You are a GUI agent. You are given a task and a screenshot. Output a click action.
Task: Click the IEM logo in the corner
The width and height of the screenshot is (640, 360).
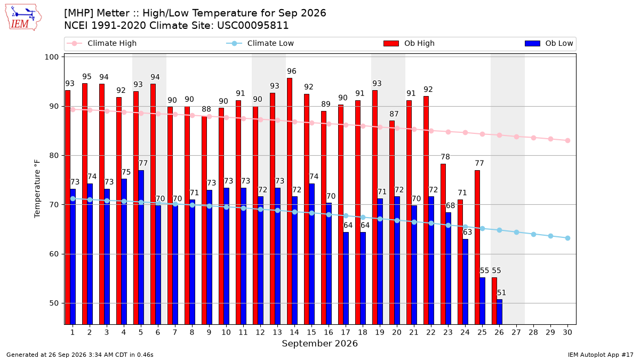coord(23,17)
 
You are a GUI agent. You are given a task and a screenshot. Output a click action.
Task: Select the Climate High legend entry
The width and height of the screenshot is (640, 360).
coord(101,43)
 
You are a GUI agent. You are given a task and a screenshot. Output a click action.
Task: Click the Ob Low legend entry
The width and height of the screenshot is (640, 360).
coord(549,43)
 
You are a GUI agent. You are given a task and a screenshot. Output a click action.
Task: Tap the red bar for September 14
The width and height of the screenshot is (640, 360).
coord(290,201)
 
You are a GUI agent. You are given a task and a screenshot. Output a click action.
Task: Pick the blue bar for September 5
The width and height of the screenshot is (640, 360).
coord(141,247)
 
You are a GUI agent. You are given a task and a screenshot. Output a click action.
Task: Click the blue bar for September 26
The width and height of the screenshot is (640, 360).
coord(499,312)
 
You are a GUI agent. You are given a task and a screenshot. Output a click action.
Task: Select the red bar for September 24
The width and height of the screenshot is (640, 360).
coord(460,262)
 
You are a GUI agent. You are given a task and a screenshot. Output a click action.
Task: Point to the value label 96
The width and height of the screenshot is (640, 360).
coord(291,71)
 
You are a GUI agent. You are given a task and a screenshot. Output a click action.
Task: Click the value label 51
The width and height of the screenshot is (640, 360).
coord(501,293)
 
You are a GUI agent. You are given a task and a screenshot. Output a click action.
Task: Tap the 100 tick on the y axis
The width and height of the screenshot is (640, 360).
coord(51,57)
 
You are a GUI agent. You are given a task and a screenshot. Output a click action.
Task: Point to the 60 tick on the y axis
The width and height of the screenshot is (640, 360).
coord(54,254)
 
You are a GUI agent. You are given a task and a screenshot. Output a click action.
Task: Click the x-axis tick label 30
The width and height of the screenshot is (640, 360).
coord(567,332)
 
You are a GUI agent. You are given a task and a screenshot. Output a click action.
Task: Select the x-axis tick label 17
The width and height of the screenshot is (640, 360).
coord(346,332)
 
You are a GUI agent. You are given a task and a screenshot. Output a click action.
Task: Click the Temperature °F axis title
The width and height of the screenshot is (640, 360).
coord(37,189)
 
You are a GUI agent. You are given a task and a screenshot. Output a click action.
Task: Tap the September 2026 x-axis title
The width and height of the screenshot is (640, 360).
coord(319,343)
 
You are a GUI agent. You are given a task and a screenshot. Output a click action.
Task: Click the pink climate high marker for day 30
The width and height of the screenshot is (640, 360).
coord(567,141)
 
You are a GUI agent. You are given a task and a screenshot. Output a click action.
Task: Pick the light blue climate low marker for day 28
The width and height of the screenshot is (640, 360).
coord(533,234)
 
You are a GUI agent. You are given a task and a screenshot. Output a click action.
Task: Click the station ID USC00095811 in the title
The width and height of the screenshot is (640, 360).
coord(253,26)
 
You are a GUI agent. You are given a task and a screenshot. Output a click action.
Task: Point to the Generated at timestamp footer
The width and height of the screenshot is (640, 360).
coord(79,355)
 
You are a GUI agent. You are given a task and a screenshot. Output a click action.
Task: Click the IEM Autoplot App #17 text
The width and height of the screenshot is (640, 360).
coord(601,355)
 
